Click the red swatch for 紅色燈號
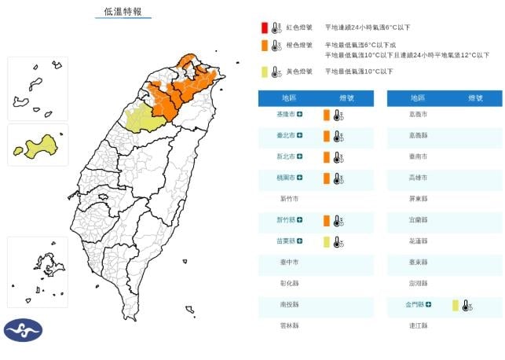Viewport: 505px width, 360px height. (265, 28)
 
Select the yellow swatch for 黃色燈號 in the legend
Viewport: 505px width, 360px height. (265, 72)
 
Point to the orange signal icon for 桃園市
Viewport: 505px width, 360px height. (326, 178)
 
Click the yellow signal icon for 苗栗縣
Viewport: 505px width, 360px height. (326, 242)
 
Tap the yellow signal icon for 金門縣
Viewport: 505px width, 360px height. (455, 305)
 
